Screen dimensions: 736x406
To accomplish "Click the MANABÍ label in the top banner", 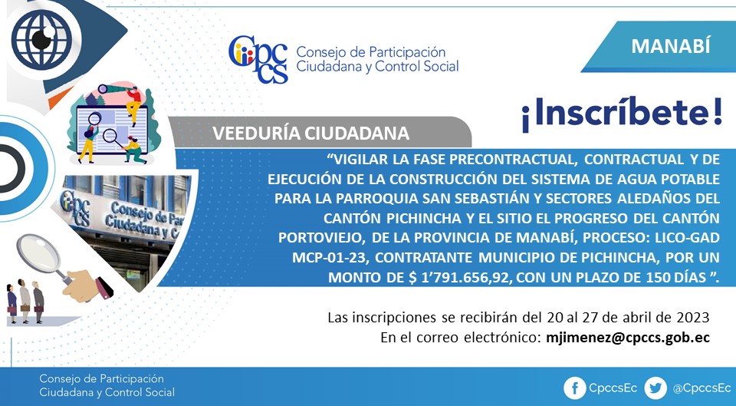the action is point(670,46).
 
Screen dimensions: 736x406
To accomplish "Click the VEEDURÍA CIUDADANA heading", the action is point(310,134).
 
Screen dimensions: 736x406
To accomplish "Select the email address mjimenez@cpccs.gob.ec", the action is point(628,338).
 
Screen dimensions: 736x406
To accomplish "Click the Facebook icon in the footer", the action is point(574,388).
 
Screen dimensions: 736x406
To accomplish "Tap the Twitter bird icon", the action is point(655,388).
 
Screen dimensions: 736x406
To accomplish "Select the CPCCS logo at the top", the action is point(258,60).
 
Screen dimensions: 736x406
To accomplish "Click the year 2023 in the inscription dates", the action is point(693,318).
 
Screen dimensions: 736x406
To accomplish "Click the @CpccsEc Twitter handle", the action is point(701,388).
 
